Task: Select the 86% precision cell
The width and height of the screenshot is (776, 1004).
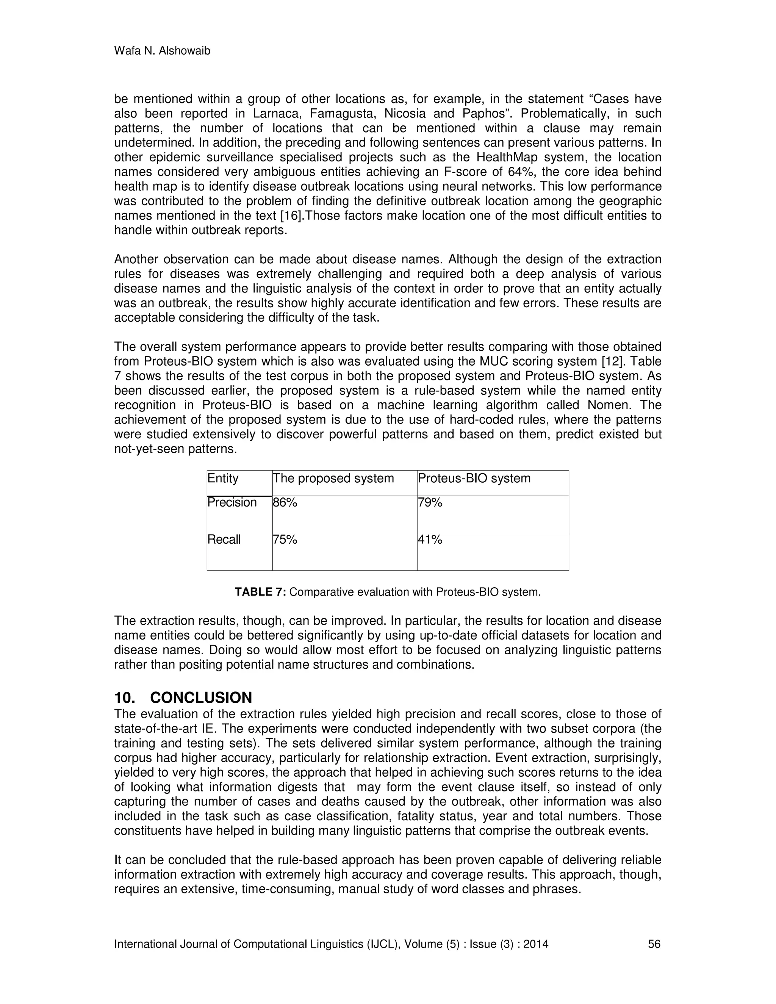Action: [285, 502]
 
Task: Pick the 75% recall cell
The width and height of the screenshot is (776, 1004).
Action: [285, 539]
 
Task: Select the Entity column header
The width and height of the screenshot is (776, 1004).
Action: [223, 479]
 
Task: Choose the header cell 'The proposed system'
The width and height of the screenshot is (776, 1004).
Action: [333, 479]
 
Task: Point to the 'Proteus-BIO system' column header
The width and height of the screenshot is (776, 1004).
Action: [474, 479]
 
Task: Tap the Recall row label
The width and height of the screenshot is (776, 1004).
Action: [224, 539]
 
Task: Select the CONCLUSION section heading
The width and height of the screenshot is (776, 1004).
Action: [201, 698]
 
